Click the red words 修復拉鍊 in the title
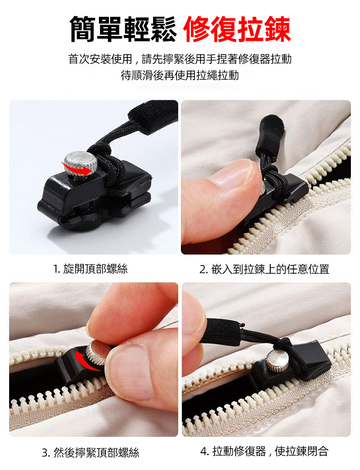237,30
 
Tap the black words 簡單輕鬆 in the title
123,29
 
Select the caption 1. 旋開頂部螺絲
90,269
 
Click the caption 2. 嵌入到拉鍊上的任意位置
264,269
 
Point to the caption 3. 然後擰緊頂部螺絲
91,452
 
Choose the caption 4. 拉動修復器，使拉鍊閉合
264,451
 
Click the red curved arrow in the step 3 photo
85,360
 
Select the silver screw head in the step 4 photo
276,359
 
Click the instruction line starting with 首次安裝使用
180,59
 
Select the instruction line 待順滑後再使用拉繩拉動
180,75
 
